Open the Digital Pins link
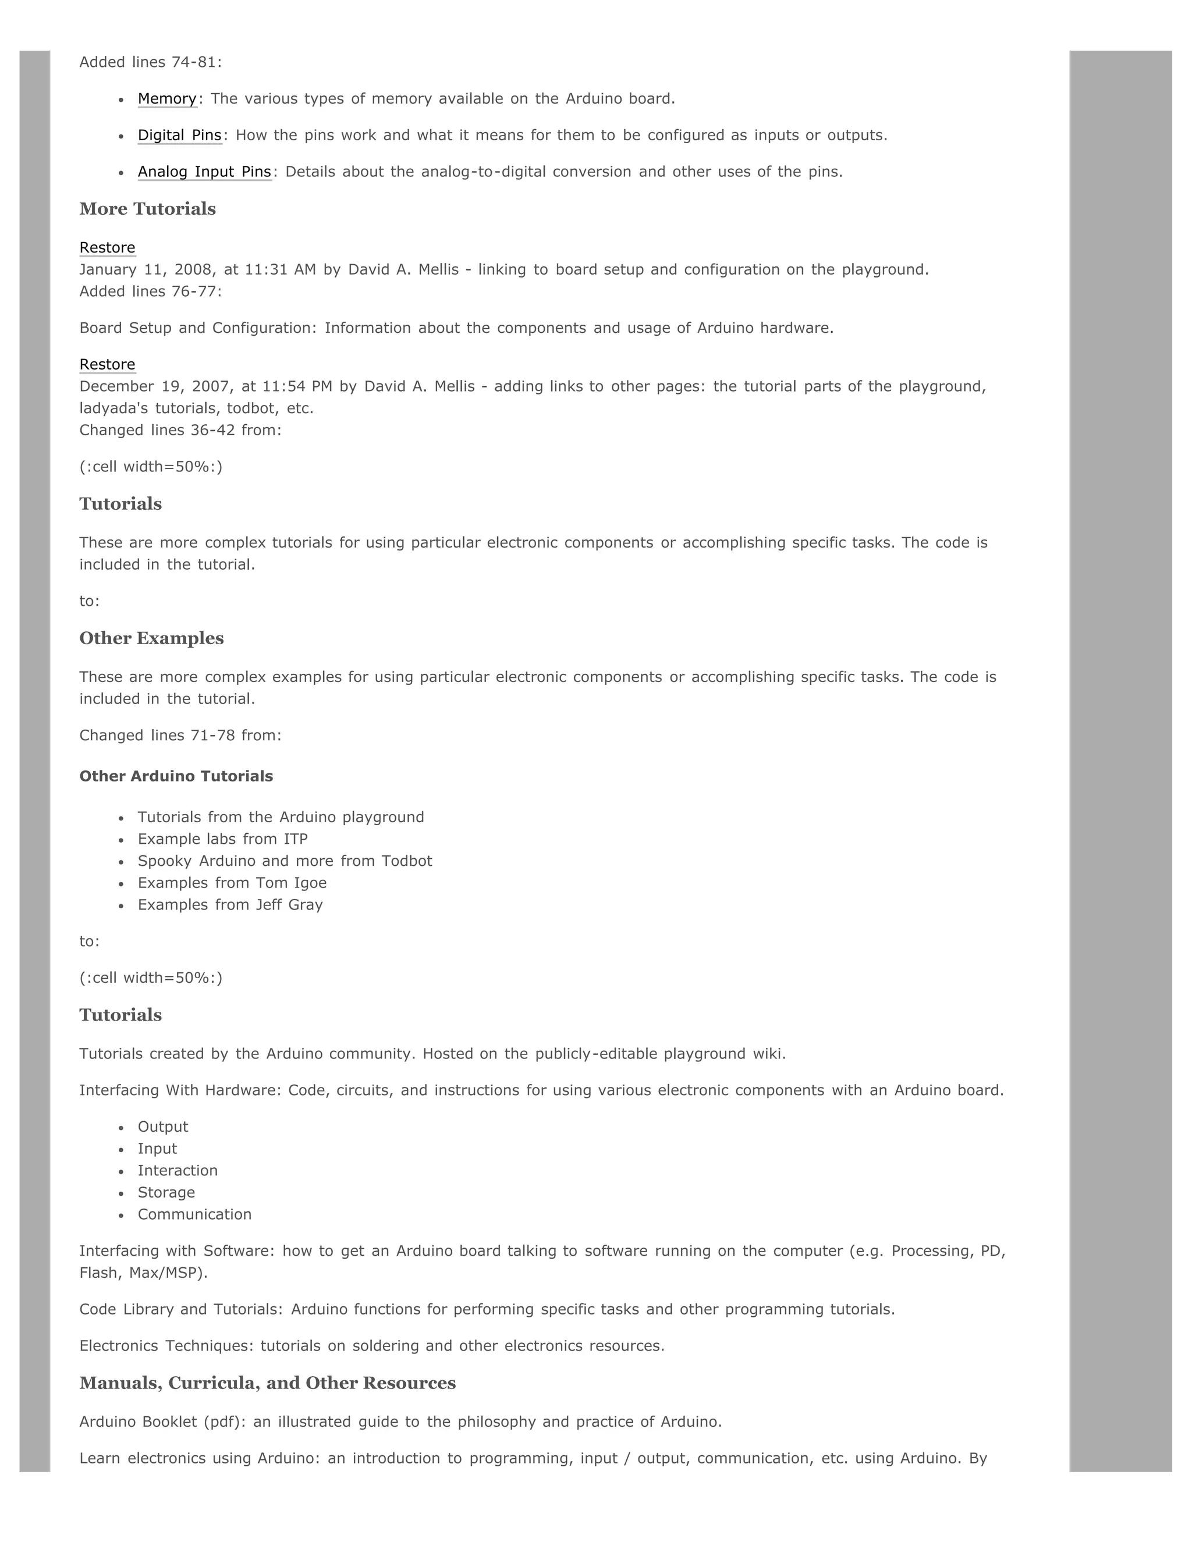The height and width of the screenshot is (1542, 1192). [179, 136]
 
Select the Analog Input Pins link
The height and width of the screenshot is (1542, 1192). [204, 172]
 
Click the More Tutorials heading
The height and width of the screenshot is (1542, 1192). [148, 209]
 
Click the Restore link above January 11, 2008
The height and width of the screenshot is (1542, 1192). [107, 248]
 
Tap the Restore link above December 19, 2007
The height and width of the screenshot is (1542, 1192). [107, 365]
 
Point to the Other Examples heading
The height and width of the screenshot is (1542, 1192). [151, 638]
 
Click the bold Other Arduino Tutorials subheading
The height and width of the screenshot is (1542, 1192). [176, 777]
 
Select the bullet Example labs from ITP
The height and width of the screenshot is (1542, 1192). [222, 840]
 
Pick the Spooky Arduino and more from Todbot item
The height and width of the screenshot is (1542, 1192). [285, 861]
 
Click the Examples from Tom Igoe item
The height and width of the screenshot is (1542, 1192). [232, 883]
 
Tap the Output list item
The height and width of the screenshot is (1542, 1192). [162, 1128]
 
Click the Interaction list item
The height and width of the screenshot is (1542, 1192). [178, 1171]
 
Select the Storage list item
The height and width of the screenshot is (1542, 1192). [166, 1193]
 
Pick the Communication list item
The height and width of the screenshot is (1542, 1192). [194, 1215]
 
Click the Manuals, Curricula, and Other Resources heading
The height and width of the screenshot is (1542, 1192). [268, 1383]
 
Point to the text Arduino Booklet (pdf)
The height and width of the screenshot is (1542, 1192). [163, 1422]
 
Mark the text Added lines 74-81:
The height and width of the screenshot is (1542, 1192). [150, 62]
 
